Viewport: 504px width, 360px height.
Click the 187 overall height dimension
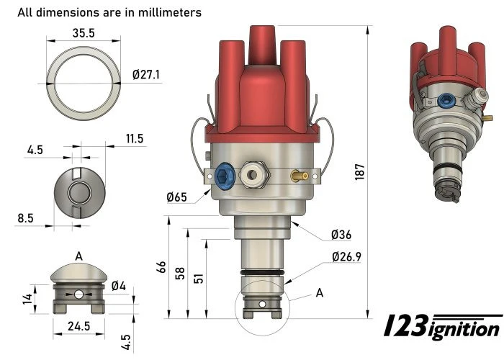tap(361, 171)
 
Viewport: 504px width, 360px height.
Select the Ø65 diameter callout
tap(178, 197)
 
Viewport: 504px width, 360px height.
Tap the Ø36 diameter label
tap(341, 235)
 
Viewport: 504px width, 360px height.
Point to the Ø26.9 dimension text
tap(347, 256)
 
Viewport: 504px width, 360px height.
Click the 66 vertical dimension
tap(162, 269)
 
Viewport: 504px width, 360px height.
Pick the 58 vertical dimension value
tap(181, 274)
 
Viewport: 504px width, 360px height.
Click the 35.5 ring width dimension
tap(84, 32)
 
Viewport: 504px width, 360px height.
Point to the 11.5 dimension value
tap(135, 138)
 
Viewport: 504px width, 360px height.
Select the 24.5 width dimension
tap(79, 326)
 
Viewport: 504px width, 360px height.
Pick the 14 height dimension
tap(27, 298)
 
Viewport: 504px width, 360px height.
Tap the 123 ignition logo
tap(441, 328)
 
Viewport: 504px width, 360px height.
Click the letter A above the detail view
tap(78, 256)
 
